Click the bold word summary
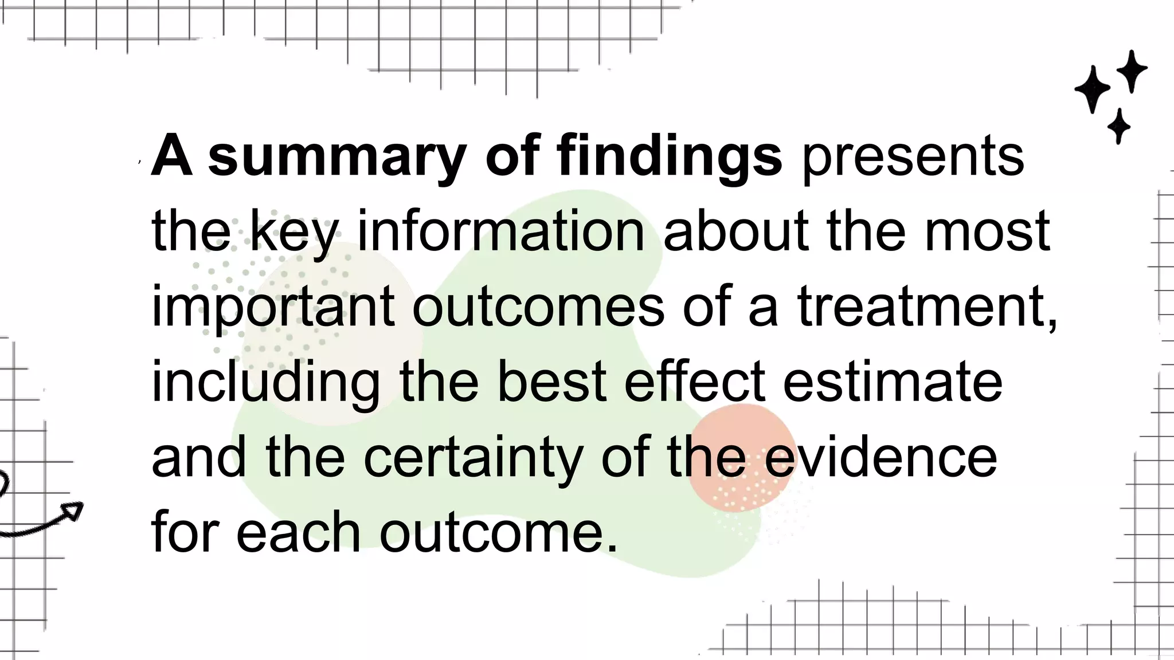click(x=336, y=156)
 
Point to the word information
click(x=501, y=231)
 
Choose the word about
click(x=736, y=231)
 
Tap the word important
click(x=273, y=308)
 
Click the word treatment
click(x=926, y=308)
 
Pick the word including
click(x=265, y=383)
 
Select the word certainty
click(x=472, y=458)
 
